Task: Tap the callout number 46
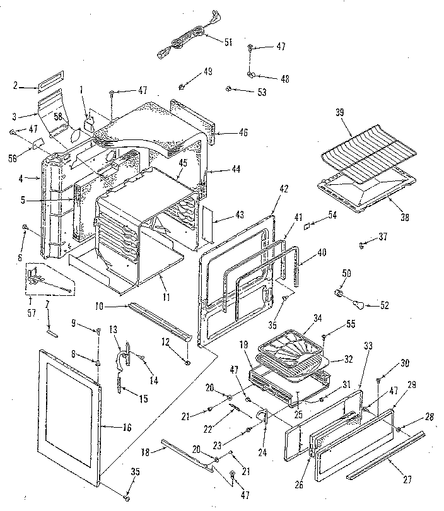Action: [225, 132]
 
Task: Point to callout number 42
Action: [283, 188]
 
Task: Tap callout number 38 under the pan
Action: [404, 218]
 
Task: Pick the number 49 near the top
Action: [207, 71]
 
